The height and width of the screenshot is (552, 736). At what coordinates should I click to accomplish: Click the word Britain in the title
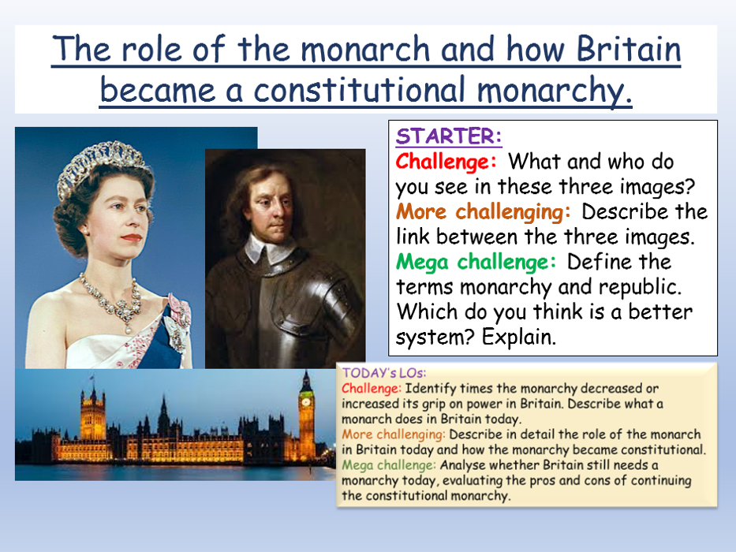629,49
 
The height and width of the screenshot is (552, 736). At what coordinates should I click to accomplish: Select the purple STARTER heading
449,136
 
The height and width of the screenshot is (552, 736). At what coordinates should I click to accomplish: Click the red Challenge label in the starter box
446,162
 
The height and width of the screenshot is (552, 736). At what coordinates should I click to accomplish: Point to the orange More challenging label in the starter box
483,211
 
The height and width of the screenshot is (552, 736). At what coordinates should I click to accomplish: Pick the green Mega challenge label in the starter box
476,262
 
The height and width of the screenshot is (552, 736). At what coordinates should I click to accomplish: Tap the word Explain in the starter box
519,337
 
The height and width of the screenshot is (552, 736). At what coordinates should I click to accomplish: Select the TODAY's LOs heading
384,373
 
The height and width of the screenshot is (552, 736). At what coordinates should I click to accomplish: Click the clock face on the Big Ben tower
306,402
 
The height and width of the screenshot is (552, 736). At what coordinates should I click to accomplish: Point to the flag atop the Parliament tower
92,377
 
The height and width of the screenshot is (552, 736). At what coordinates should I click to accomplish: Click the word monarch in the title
365,49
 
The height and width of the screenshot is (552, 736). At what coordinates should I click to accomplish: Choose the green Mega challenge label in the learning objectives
389,465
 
